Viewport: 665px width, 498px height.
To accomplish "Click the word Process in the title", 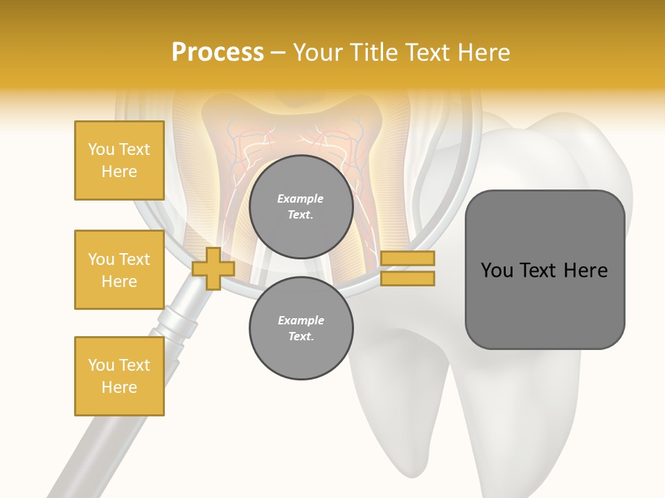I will (x=218, y=53).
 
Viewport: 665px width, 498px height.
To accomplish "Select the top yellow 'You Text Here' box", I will (x=119, y=160).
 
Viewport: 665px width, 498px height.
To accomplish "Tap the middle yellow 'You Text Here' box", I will (x=119, y=270).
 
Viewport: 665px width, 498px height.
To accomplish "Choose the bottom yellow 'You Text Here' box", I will (x=119, y=376).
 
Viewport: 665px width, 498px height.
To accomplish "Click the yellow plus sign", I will (x=213, y=268).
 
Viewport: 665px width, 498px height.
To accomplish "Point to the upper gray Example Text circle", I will (x=301, y=207).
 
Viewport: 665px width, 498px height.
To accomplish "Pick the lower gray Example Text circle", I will (x=301, y=329).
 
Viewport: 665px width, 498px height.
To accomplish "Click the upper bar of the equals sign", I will (x=407, y=258).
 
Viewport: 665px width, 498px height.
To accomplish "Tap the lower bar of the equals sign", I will (x=407, y=279).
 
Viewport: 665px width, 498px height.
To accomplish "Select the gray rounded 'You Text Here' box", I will (x=544, y=270).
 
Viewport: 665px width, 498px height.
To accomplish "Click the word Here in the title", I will (x=484, y=53).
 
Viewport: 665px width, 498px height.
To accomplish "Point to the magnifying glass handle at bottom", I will (x=83, y=456).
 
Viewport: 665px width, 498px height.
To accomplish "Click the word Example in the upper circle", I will (x=301, y=199).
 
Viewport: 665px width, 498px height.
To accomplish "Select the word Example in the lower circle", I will (x=301, y=321).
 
